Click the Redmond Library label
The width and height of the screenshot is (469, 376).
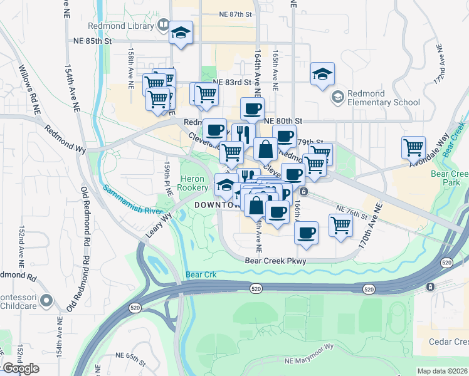pos(130,26)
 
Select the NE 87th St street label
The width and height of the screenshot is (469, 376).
pos(235,13)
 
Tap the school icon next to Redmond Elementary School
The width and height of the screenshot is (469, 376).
pos(338,96)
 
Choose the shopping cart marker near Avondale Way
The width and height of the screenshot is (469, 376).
pos(413,148)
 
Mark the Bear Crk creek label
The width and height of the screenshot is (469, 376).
pos(201,274)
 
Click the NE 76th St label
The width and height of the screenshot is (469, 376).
pos(351,211)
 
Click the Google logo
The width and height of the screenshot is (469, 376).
pos(20,368)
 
